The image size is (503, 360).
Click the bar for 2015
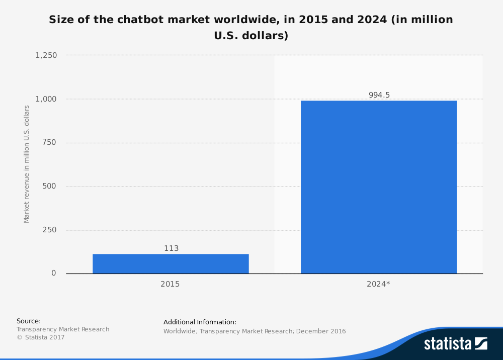click(x=171, y=263)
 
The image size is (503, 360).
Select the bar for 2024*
click(x=379, y=187)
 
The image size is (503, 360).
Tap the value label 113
click(x=171, y=248)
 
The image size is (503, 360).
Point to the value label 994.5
click(x=379, y=95)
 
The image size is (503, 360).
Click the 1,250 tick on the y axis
click(x=46, y=55)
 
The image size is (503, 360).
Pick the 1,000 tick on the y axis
click(x=46, y=99)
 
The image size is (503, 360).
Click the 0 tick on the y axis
click(x=54, y=273)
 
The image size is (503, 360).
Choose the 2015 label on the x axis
click(x=170, y=284)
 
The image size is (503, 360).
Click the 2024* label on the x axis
click(x=378, y=284)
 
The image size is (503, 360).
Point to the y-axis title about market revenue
click(x=27, y=164)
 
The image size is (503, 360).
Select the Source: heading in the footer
click(x=29, y=321)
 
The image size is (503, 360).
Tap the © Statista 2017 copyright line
click(x=41, y=337)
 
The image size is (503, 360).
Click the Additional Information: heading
click(x=200, y=322)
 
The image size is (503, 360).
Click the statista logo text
click(x=448, y=344)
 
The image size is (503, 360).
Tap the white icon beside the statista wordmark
click(x=481, y=343)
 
